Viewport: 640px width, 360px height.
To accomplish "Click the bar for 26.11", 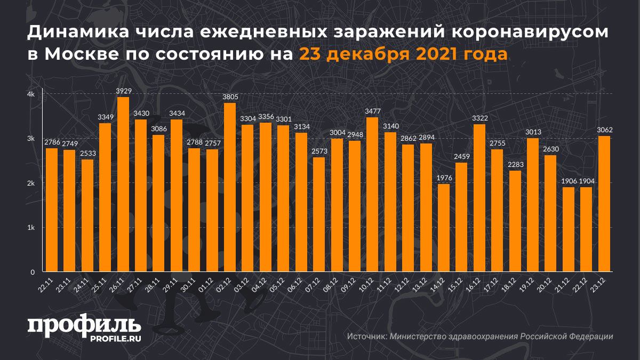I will (123, 185).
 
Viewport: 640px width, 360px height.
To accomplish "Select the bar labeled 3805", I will (230, 187).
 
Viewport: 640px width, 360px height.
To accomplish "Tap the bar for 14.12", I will (443, 228).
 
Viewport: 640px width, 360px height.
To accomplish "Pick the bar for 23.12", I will (604, 204).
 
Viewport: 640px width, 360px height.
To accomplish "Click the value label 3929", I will (123, 92).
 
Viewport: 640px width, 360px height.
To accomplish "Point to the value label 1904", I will (586, 181).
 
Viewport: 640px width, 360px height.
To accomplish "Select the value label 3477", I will (372, 111).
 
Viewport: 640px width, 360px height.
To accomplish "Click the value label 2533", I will (87, 154).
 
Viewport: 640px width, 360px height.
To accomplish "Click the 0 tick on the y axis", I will (33, 272).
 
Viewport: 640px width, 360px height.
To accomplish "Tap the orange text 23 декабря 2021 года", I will (403, 54).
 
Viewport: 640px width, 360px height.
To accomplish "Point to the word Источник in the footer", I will (366, 337).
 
